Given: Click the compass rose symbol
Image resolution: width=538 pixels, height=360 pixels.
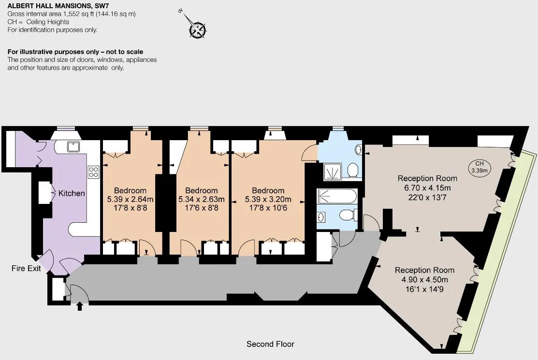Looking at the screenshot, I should point(197,29).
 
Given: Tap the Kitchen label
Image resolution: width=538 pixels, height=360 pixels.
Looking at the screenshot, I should point(72,193).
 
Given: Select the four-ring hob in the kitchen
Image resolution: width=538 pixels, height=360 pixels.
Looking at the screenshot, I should point(93,172).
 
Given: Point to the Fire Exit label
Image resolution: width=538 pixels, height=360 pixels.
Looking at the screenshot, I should point(26,268).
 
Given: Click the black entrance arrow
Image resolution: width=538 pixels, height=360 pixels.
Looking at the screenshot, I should point(80,306).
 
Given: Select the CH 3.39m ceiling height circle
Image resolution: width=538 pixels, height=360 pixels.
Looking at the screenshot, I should point(480,167).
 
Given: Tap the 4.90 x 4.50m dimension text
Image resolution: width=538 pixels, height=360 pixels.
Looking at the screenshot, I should point(421,280).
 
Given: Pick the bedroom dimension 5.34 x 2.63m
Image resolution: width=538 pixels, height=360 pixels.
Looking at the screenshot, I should point(201,199).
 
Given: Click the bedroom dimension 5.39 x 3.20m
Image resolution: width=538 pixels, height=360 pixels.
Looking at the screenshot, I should point(268,199).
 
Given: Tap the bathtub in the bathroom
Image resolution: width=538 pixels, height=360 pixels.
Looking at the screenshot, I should point(337,197).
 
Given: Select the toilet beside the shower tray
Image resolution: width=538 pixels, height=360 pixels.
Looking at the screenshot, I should point(352,170).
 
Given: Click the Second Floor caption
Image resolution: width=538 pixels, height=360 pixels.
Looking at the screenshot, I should point(270,344).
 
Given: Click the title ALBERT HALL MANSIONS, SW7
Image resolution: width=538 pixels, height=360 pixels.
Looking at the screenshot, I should point(55,6).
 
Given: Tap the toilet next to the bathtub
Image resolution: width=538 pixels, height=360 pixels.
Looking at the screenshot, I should point(346,215).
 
